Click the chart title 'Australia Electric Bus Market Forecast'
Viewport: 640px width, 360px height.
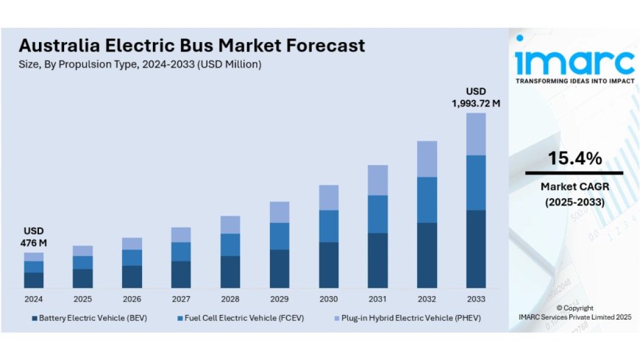point(192,46)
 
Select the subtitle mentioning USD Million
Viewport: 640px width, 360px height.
point(141,65)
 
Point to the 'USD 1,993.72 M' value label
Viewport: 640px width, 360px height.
point(475,99)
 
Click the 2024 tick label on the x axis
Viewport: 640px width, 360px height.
point(33,300)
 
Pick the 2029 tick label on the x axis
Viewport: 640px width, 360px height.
point(279,300)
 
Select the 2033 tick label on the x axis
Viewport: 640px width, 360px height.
point(475,300)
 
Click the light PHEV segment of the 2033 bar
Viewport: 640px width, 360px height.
point(475,134)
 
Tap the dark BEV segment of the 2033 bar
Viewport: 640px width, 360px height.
point(475,249)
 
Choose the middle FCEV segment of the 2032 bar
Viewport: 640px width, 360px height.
point(427,200)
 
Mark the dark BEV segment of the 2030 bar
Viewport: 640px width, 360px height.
point(328,265)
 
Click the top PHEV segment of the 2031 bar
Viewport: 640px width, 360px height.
point(377,180)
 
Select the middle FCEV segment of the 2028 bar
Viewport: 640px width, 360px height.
point(230,244)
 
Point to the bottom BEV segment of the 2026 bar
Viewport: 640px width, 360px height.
point(132,276)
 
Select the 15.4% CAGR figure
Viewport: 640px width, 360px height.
point(575,158)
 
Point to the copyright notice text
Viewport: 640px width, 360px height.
point(574,312)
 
